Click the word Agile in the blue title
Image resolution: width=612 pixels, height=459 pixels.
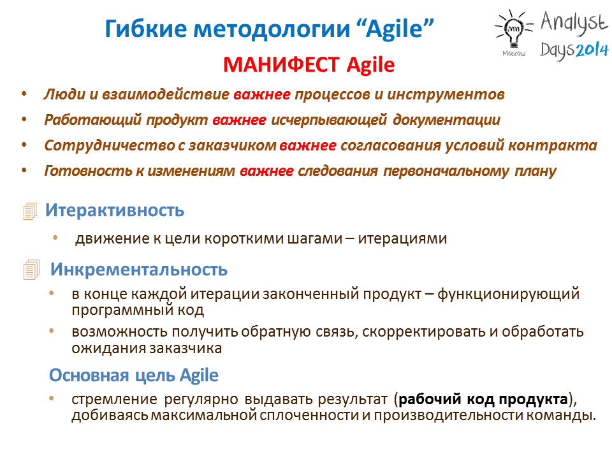pyautogui.click(x=395, y=29)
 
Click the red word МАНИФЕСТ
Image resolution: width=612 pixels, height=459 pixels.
pyautogui.click(x=281, y=64)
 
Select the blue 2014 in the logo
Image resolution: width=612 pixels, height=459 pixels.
pyautogui.click(x=592, y=49)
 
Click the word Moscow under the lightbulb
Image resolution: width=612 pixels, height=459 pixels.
pyautogui.click(x=514, y=54)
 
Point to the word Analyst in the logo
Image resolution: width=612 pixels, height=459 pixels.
pyautogui.click(x=574, y=22)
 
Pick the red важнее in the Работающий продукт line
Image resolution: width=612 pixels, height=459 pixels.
pyautogui.click(x=239, y=120)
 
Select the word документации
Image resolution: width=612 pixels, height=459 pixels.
pyautogui.click(x=446, y=120)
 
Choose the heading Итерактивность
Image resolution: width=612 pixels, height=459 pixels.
pyautogui.click(x=115, y=210)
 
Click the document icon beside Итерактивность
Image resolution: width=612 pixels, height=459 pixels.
pyautogui.click(x=30, y=211)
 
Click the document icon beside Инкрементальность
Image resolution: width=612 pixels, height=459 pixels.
pyautogui.click(x=31, y=270)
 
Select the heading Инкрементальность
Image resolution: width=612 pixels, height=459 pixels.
pyautogui.click(x=139, y=269)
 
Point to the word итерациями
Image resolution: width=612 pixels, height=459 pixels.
pyautogui.click(x=402, y=238)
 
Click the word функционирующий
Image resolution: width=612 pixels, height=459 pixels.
pyautogui.click(x=508, y=294)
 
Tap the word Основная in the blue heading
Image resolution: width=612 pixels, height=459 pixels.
pyautogui.click(x=89, y=375)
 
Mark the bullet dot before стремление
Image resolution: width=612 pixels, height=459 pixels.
pyautogui.click(x=52, y=398)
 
